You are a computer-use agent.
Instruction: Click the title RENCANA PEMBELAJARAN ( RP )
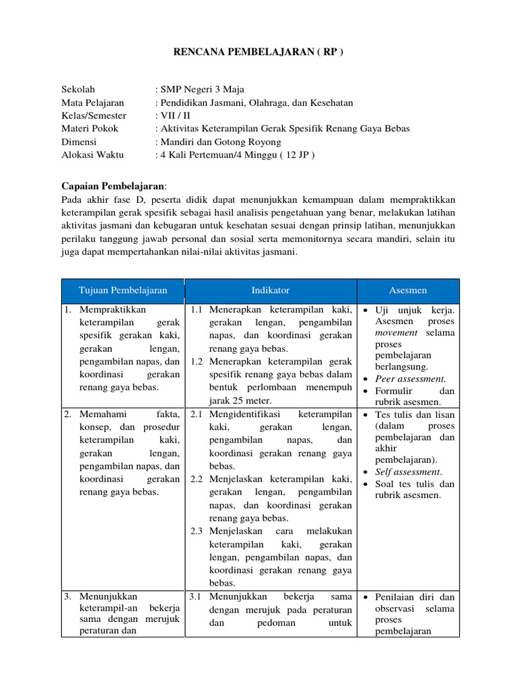click(258, 53)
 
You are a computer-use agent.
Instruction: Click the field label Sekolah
click(78, 89)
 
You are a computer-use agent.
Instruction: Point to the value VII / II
click(172, 115)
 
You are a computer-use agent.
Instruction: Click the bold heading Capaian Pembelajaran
click(112, 186)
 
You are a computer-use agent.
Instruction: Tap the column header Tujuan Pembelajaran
click(123, 290)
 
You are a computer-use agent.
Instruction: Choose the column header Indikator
click(271, 290)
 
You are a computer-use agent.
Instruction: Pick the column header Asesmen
click(408, 290)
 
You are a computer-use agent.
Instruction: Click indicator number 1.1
click(197, 310)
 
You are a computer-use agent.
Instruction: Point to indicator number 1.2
click(197, 361)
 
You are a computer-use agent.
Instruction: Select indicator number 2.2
click(197, 479)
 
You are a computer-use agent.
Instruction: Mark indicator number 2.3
click(197, 531)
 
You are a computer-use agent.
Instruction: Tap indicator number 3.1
click(197, 597)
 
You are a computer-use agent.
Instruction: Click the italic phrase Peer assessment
click(410, 379)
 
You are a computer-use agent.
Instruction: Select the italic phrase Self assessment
click(408, 472)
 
